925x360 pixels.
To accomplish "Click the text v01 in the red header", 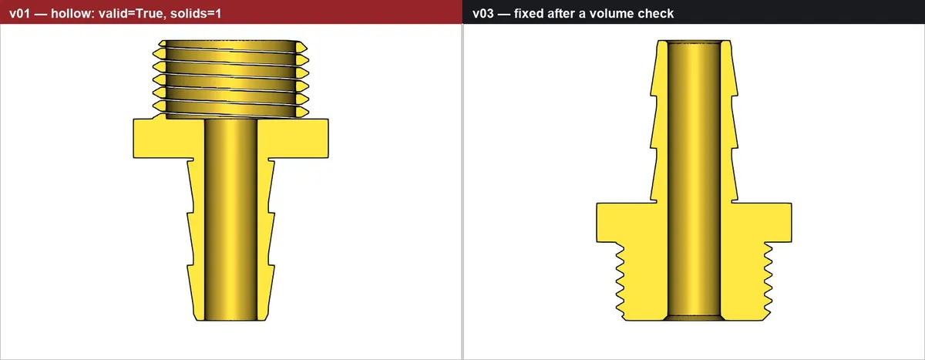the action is [19, 14].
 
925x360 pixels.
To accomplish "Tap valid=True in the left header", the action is [130, 14].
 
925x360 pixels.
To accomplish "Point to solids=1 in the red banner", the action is [196, 14].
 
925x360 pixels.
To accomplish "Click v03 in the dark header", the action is [483, 14].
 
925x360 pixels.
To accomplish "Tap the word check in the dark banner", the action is [656, 14].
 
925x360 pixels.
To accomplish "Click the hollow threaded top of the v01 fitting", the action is [230, 79].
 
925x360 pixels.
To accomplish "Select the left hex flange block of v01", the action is [169, 138].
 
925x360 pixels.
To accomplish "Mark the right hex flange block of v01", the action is [293, 138].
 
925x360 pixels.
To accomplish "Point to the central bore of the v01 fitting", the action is [230, 220].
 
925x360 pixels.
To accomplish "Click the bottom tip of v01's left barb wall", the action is [196, 320].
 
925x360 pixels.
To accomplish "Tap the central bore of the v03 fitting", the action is [695, 180].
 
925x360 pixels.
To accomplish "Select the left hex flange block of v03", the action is [632, 222].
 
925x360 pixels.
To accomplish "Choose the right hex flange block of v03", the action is [756, 222].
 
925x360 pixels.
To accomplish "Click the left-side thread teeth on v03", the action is [621, 281].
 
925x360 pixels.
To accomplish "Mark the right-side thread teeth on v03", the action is [768, 281].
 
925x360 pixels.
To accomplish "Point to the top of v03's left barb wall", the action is [662, 42].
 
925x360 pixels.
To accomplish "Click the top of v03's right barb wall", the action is [725, 42].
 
